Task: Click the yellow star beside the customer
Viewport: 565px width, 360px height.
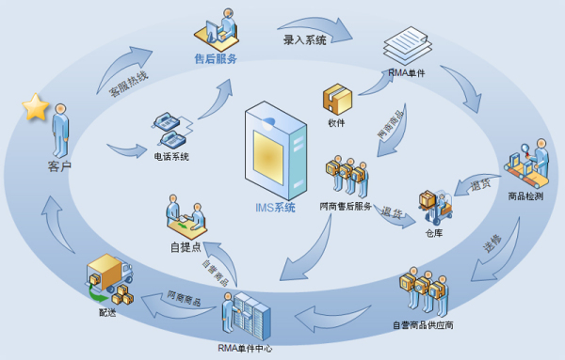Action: click(x=36, y=107)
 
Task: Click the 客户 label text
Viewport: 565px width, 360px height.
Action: click(x=59, y=166)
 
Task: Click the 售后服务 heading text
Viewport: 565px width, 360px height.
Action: click(x=216, y=58)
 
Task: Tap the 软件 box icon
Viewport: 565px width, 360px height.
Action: click(x=336, y=99)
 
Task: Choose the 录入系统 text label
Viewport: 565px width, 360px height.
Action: click(x=304, y=40)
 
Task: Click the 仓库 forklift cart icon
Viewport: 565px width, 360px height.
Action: click(x=433, y=210)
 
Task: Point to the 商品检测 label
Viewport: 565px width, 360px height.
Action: click(x=525, y=196)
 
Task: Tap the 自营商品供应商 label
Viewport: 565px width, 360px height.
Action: click(x=423, y=326)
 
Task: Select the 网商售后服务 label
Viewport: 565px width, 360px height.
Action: click(x=346, y=206)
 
